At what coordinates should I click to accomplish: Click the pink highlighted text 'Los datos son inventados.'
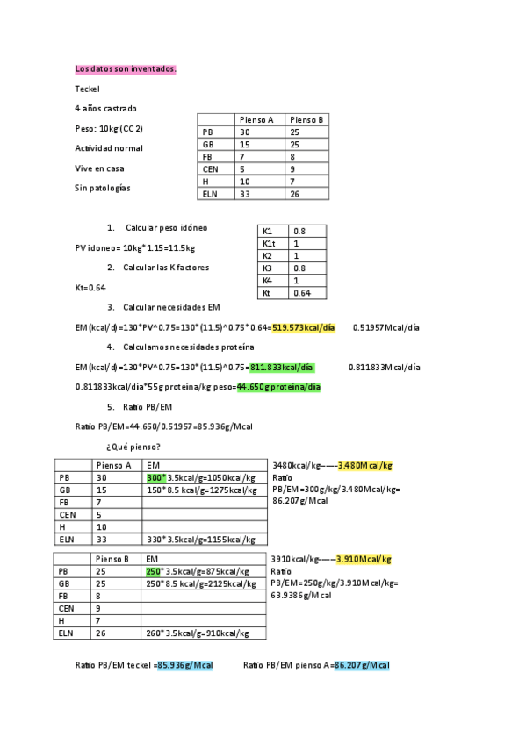(x=126, y=68)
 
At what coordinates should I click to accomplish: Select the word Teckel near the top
(x=88, y=89)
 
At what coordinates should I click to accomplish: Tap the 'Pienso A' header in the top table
(x=256, y=119)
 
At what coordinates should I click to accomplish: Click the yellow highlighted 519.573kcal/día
(x=304, y=327)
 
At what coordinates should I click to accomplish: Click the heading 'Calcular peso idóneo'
(x=167, y=227)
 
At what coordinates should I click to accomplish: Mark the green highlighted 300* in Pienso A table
(x=155, y=477)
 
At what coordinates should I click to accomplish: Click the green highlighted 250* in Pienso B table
(x=155, y=570)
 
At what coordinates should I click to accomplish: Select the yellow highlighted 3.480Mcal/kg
(x=364, y=465)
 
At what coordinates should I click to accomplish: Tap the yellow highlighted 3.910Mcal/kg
(x=364, y=559)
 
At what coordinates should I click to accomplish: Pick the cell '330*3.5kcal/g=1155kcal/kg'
(x=201, y=540)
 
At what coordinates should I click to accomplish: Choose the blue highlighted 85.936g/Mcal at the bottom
(x=185, y=665)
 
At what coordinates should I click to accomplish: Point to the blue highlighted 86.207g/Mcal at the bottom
(x=361, y=665)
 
